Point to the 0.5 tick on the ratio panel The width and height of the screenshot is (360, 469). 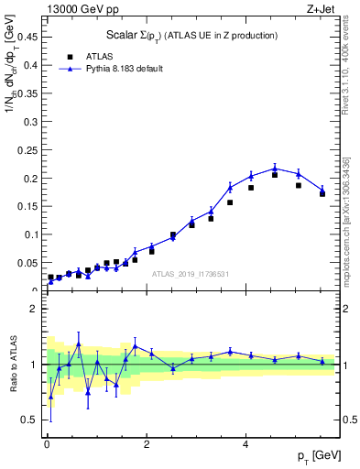click(31, 420)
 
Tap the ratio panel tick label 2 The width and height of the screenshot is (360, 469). click(36, 309)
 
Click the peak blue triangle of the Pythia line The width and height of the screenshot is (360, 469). click(275, 169)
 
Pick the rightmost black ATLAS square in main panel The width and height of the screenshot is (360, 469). click(322, 193)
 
